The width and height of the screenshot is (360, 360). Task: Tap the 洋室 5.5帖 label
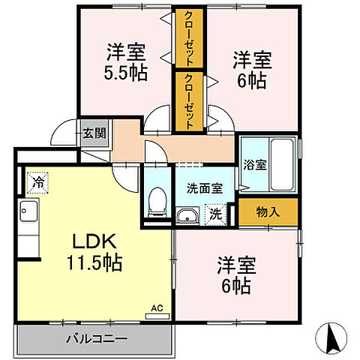coord(124,64)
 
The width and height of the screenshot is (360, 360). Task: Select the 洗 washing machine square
coord(215,213)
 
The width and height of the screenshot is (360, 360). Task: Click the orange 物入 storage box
coord(268,212)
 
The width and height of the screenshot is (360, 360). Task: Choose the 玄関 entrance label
coord(94,133)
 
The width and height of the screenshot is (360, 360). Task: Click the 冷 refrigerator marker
coord(37,181)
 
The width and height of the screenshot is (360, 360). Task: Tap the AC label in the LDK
coord(157,307)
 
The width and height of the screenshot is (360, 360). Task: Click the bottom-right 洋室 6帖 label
coord(237,274)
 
